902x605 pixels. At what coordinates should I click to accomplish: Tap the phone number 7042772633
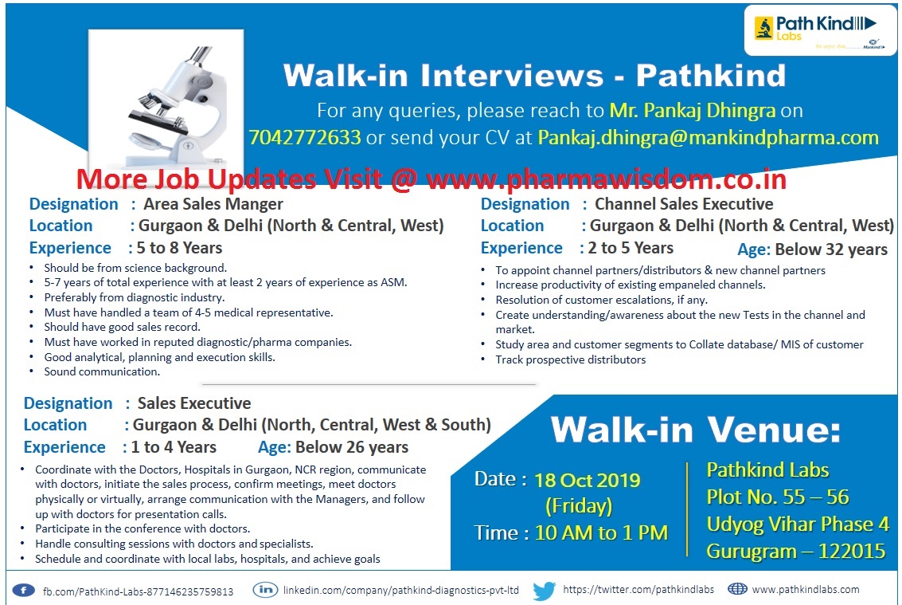coord(305,137)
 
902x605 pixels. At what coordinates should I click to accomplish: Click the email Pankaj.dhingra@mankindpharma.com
coord(708,137)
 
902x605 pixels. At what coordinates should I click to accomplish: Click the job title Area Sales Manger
coord(213,204)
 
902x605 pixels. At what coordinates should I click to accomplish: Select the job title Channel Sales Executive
coord(684,204)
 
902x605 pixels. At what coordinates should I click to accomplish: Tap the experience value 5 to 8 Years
coord(180,248)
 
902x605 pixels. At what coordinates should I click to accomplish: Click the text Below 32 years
coord(831,249)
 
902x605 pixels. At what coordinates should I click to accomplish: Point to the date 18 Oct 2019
coord(588,480)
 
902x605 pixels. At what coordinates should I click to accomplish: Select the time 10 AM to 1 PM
coord(601,532)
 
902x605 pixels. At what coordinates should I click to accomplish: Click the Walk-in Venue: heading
coord(695,430)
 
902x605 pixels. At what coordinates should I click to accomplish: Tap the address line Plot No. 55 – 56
coord(778,497)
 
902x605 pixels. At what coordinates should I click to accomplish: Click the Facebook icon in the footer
coord(24,591)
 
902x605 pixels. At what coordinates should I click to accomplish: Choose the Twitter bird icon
coord(545,591)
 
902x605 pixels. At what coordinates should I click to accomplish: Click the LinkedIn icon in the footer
coord(265,591)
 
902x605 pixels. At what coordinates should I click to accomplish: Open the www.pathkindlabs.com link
coord(805,590)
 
